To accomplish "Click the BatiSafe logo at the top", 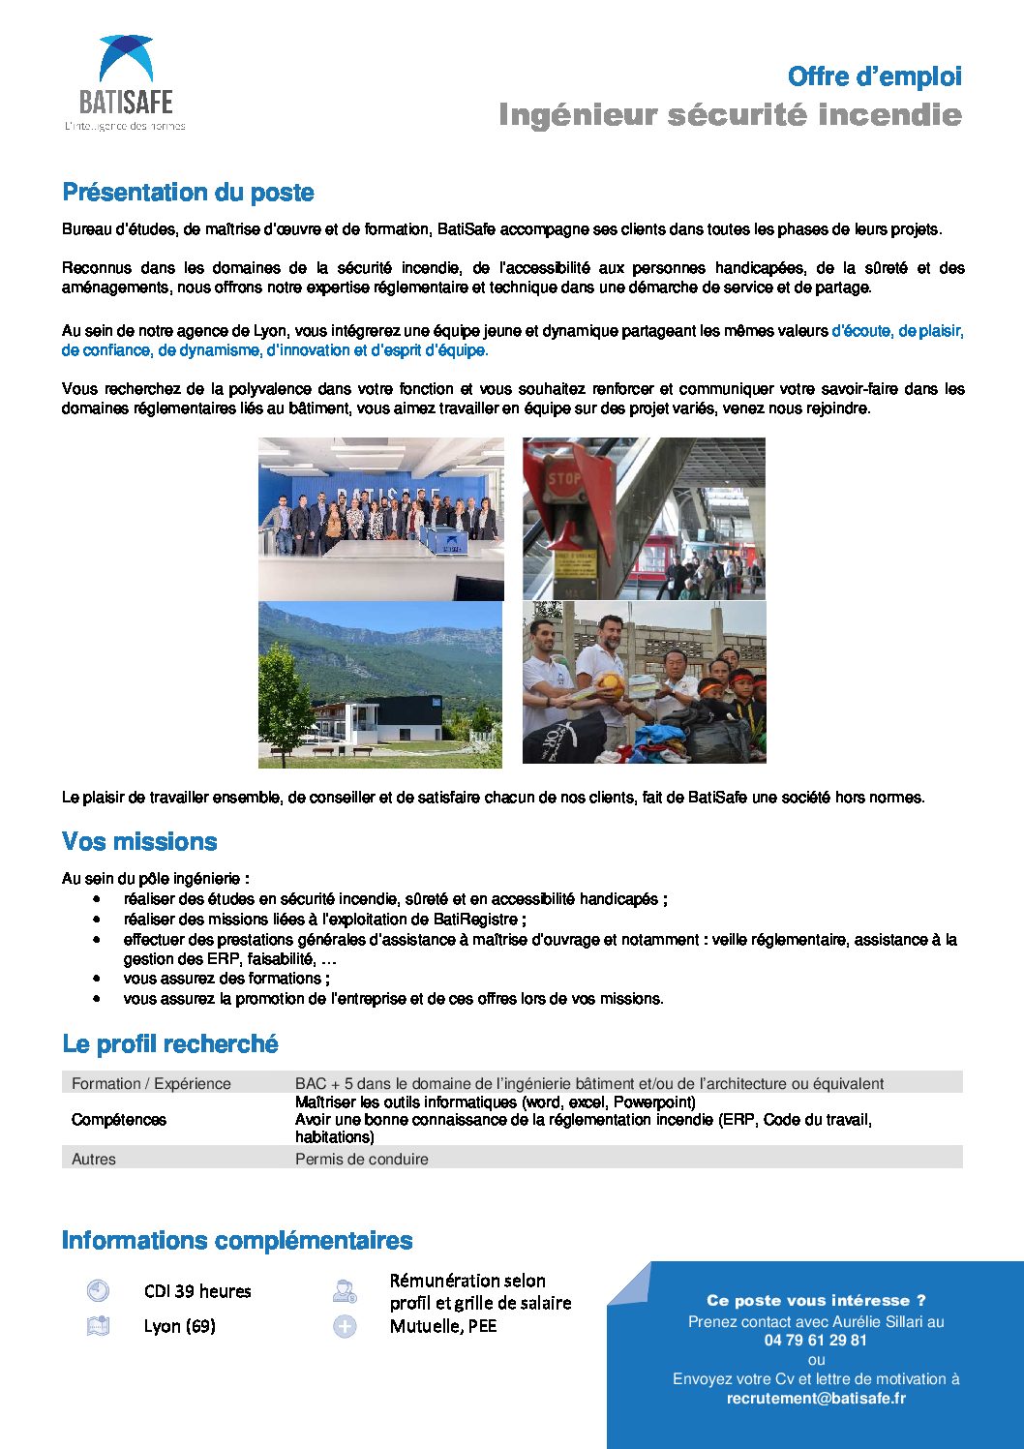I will [125, 83].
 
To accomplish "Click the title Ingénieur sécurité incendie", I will [730, 115].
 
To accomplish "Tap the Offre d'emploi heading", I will [874, 76].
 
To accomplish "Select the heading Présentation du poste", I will [188, 193].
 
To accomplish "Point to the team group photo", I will [380, 519].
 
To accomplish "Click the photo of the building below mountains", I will [380, 684].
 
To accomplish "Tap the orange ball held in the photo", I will [610, 685].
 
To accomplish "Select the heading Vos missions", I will [139, 841].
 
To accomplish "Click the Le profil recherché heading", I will [170, 1044].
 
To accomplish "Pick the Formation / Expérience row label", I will [151, 1083].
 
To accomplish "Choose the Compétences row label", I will [119, 1120].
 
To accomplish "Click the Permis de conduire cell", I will [361, 1159].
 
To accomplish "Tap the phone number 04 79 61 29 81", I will [815, 1341].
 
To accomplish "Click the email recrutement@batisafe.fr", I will [816, 1398].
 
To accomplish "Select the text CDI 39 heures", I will [197, 1291].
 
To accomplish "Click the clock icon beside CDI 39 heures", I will [98, 1290].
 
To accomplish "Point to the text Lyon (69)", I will [179, 1326].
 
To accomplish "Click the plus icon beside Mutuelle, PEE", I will [345, 1326].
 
